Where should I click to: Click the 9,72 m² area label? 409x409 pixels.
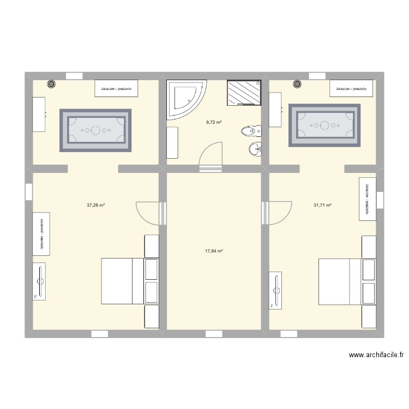(214, 122)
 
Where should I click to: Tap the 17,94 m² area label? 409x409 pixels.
(214, 251)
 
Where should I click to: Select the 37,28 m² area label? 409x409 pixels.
(95, 206)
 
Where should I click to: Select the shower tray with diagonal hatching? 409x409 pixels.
(244, 92)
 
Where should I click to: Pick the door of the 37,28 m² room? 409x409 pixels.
(147, 213)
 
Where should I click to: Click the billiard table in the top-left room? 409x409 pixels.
(95, 130)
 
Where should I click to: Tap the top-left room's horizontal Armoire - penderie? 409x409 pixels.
(116, 88)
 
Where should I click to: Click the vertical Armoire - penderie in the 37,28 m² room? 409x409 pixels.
(41, 233)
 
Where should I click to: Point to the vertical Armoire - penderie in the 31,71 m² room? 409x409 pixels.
(367, 199)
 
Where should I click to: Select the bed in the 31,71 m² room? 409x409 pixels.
(341, 281)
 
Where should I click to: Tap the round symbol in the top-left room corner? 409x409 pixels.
(51, 84)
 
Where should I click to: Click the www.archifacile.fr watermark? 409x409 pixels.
(376, 355)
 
